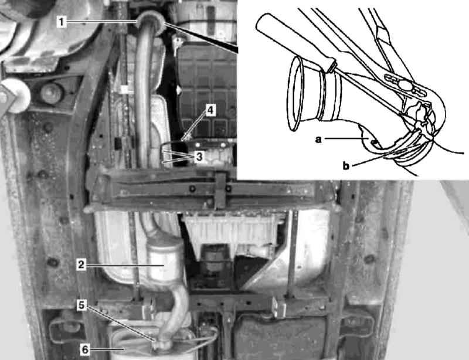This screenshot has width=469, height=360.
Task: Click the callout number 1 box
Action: point(62,22)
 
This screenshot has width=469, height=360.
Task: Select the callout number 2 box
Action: point(81,264)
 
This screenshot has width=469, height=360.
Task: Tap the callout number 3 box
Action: point(199,157)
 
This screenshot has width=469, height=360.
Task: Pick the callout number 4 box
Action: point(210,110)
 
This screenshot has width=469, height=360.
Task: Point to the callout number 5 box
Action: point(81,305)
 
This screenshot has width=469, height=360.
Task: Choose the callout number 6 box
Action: point(85,349)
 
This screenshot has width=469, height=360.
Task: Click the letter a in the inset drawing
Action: point(318,139)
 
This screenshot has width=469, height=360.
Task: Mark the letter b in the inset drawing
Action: point(346,165)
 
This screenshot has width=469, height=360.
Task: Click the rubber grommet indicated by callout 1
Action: point(151,23)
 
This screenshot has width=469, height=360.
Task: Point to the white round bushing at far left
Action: point(16,96)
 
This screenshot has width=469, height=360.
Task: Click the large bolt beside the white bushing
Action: point(52,93)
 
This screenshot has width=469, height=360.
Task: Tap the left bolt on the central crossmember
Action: point(193,189)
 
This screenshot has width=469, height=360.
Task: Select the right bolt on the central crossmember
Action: point(228,189)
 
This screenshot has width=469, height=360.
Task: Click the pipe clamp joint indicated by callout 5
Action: point(162,342)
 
